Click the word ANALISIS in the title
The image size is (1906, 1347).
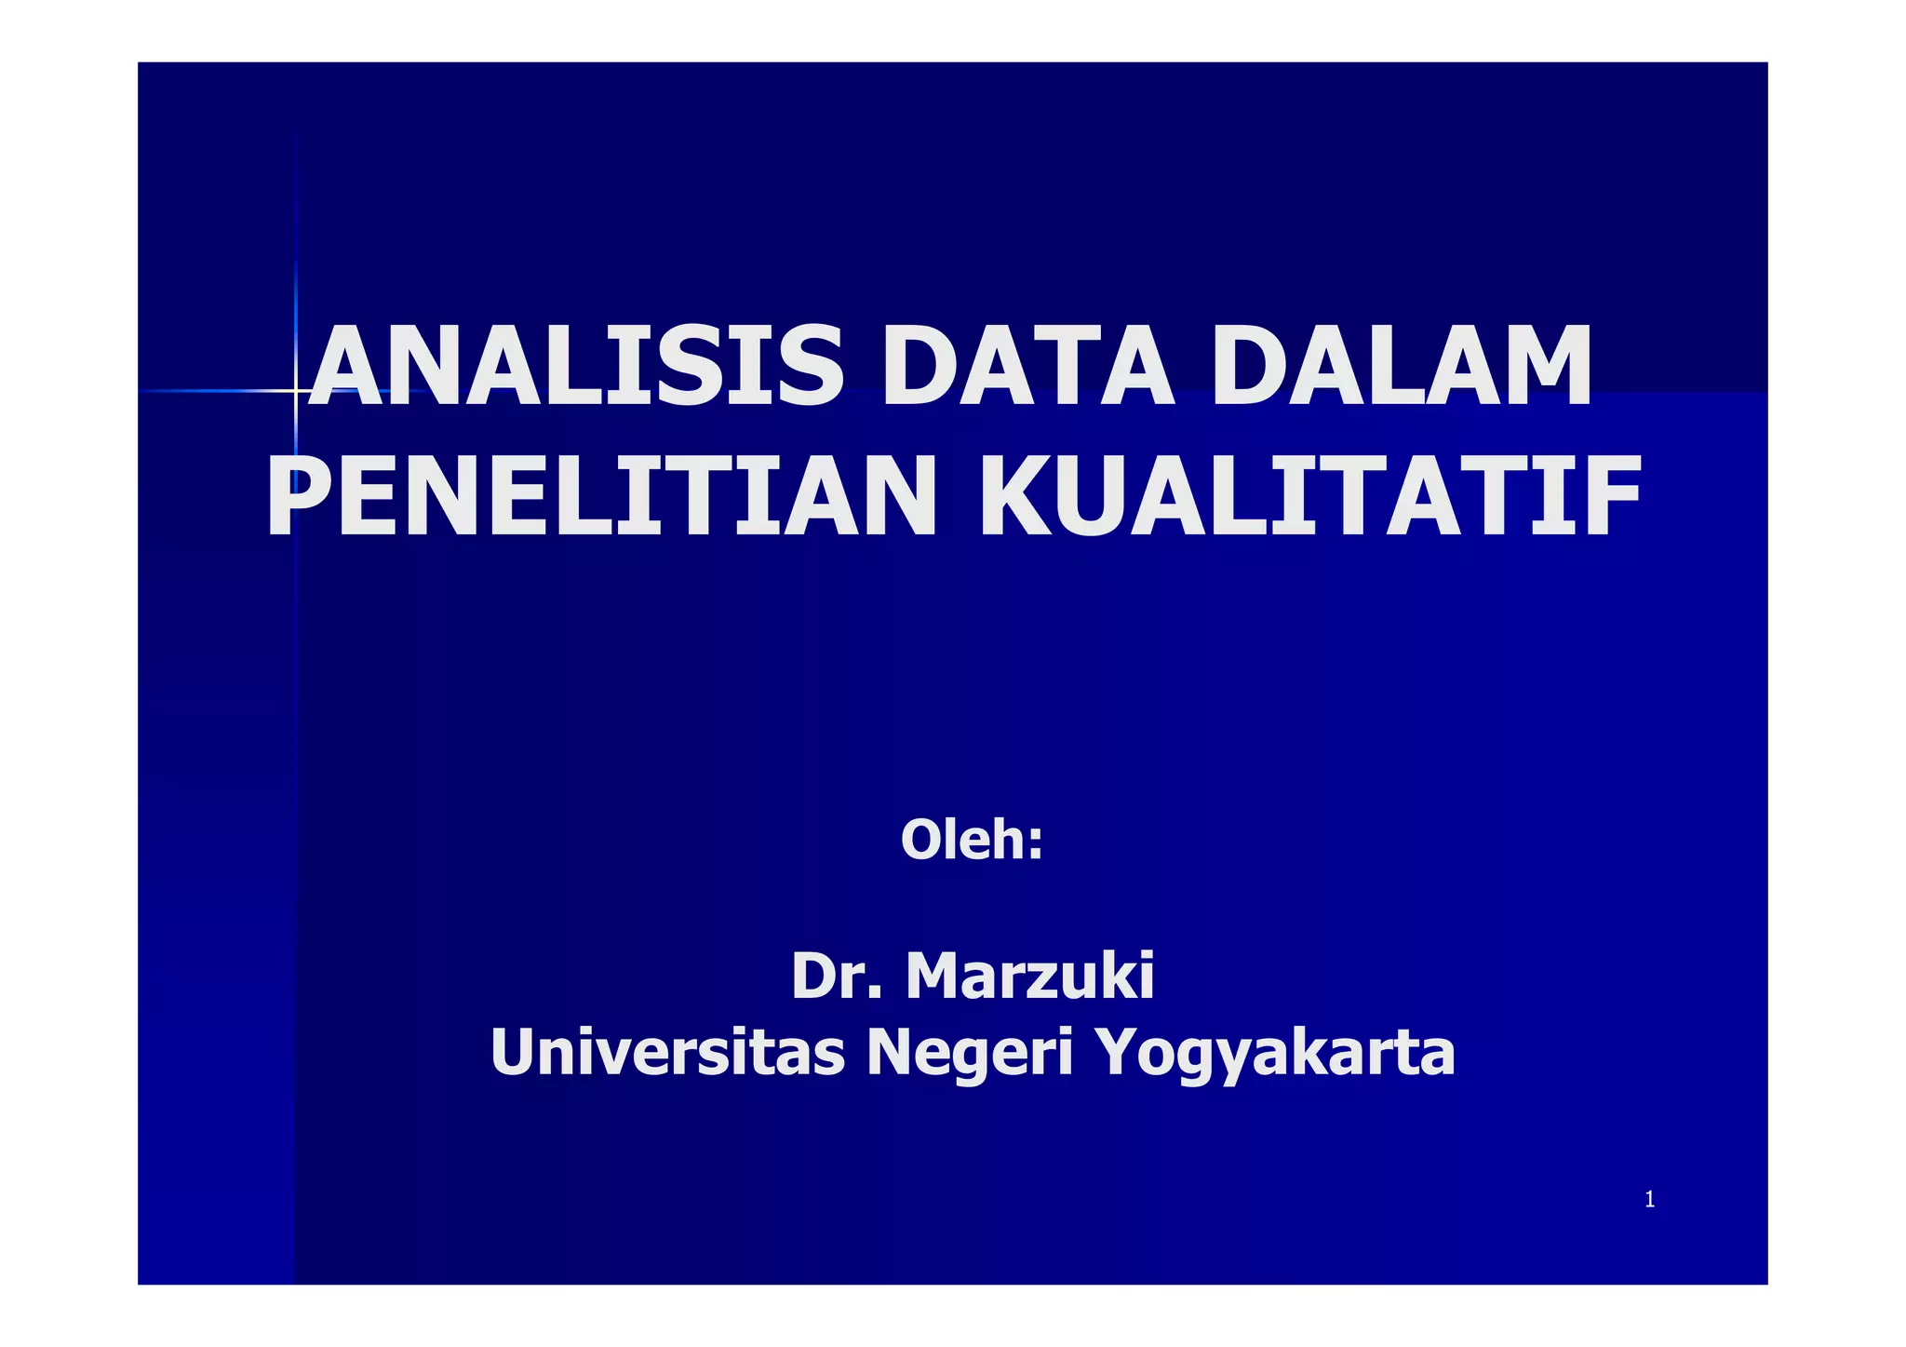tap(575, 365)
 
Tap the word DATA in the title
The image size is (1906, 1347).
tap(1027, 365)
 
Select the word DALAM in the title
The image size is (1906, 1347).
tap(1401, 365)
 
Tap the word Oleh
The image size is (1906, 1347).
tap(962, 839)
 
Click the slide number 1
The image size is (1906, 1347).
tap(1649, 1200)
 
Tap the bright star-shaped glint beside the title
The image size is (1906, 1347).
tap(296, 391)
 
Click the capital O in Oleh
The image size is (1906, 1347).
tap(921, 839)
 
